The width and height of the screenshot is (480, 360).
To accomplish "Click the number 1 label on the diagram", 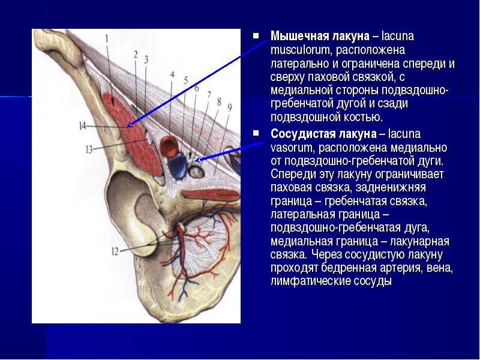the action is [107, 38].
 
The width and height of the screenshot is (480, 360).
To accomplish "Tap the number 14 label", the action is [83, 126].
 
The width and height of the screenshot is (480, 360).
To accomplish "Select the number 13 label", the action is [89, 149].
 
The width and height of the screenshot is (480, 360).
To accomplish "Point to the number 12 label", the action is [115, 251].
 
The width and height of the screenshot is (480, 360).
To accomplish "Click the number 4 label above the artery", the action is [172, 74].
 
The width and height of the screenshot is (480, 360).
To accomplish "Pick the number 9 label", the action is [230, 107].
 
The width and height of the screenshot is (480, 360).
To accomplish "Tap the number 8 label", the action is [219, 102].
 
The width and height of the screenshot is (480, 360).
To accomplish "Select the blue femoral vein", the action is [178, 166].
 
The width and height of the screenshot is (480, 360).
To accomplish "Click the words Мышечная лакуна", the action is [320, 36].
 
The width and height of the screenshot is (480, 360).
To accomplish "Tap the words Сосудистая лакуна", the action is [323, 134].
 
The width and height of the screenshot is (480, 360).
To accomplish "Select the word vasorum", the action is [292, 148].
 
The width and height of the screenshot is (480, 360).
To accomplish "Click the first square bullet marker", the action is [256, 36].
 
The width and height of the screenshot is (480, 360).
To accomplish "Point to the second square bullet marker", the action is [256, 133].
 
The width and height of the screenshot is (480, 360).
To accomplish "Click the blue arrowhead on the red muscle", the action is [130, 125].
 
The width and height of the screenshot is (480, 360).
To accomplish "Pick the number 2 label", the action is [136, 55].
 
